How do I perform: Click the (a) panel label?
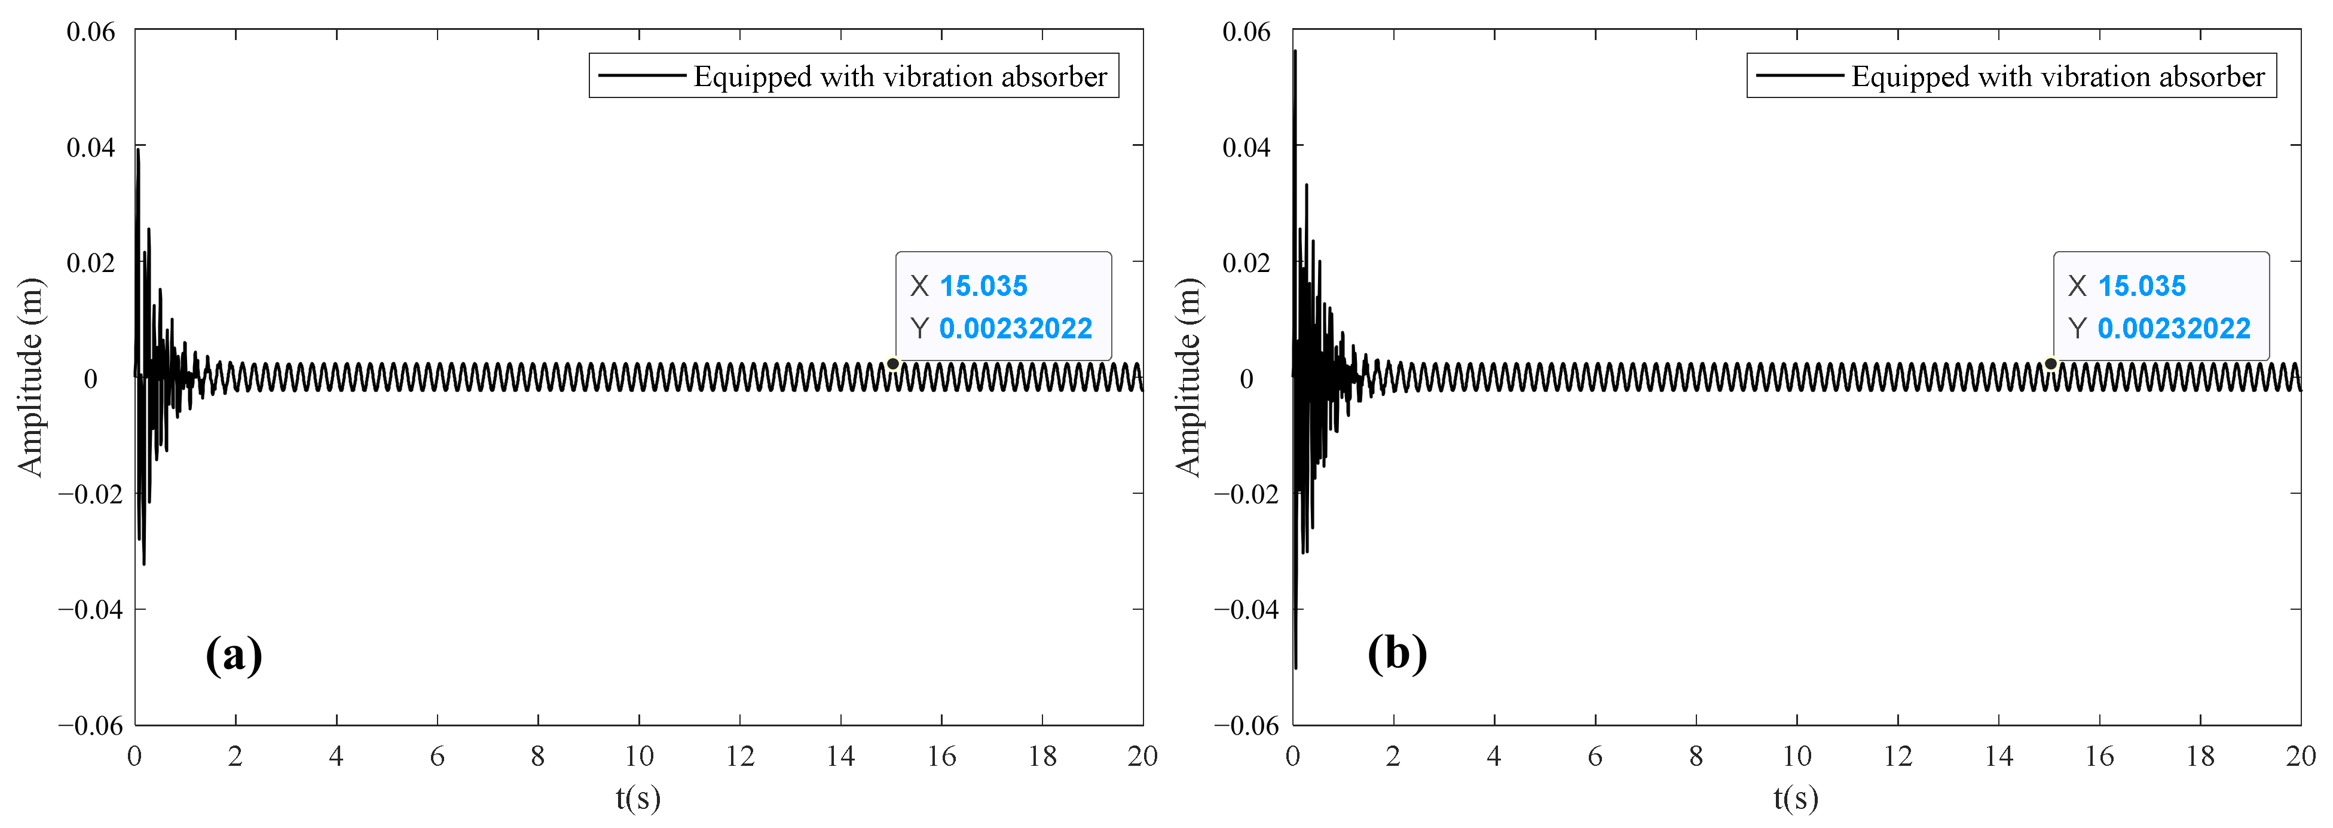(234, 654)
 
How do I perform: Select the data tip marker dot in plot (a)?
(892, 364)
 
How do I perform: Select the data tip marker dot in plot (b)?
(2050, 364)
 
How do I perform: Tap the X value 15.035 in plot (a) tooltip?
(983, 286)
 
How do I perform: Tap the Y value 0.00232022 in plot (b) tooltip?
(2173, 328)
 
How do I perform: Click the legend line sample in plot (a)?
(641, 76)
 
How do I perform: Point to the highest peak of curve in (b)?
(1295, 51)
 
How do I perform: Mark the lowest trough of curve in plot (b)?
(1296, 668)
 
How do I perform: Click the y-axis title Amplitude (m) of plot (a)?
(30, 377)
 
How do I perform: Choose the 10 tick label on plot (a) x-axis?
(638, 756)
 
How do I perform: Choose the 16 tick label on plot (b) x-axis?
(2099, 756)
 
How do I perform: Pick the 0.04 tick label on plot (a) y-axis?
(91, 146)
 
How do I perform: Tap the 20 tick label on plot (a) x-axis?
(1142, 756)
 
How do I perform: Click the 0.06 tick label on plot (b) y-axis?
(1246, 32)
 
